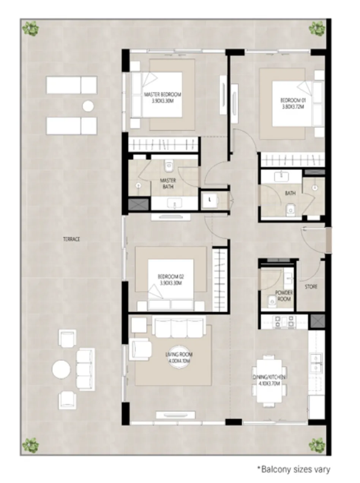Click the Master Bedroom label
click(x=163, y=98)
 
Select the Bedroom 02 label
click(x=170, y=279)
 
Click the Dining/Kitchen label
click(x=269, y=380)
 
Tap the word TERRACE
click(x=71, y=239)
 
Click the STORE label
click(x=311, y=287)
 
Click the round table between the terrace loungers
click(x=88, y=106)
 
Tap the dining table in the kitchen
click(x=269, y=380)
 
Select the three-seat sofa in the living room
click(x=179, y=327)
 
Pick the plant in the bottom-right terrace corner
click(x=317, y=445)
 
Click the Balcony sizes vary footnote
click(x=295, y=469)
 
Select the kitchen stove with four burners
click(x=284, y=322)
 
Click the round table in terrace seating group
click(x=61, y=369)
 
